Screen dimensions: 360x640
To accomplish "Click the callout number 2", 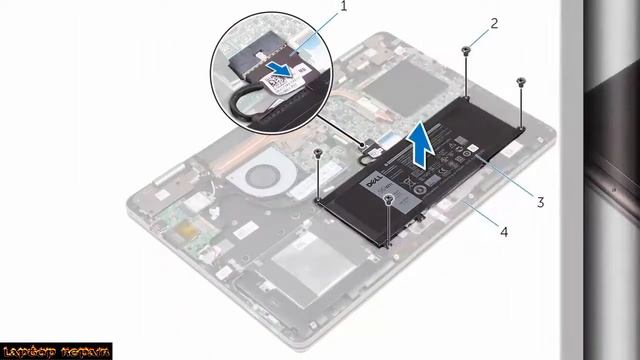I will [494, 23].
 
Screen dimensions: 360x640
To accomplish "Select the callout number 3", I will [540, 202].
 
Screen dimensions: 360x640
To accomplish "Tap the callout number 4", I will [504, 232].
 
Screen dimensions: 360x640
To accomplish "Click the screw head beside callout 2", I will [467, 49].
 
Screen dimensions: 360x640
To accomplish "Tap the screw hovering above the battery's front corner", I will [388, 200].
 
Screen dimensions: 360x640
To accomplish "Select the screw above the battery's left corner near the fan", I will [318, 154].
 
